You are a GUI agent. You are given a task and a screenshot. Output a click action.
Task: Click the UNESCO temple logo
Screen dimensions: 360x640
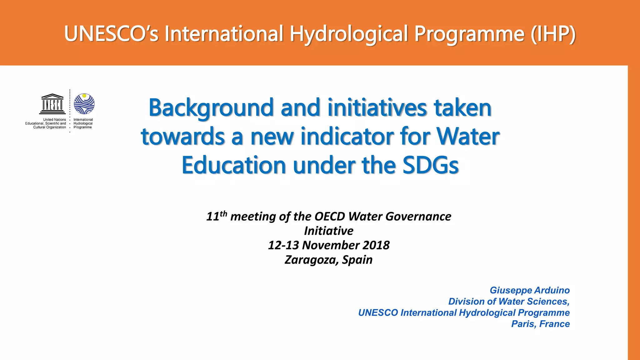click(x=52, y=104)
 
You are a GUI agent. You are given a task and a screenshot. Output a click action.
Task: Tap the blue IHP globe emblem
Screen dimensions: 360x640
click(x=84, y=104)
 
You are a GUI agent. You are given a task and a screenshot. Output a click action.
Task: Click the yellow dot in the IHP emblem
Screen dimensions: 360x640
click(x=84, y=96)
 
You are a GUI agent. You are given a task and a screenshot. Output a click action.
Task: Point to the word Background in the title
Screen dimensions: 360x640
click(x=211, y=108)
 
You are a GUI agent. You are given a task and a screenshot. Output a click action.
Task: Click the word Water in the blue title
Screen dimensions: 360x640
click(x=468, y=137)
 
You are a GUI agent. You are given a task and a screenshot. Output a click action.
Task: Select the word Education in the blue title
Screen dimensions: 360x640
click(x=234, y=165)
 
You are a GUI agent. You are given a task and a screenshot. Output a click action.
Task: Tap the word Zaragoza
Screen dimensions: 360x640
click(x=311, y=260)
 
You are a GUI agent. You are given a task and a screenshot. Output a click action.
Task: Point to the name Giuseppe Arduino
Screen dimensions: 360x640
click(x=530, y=290)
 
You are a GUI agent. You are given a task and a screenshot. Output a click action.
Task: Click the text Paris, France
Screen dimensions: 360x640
click(x=540, y=324)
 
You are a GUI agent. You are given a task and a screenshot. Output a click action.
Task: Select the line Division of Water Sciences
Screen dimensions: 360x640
click(x=509, y=302)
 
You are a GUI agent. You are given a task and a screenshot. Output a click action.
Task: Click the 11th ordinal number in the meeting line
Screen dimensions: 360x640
click(x=216, y=216)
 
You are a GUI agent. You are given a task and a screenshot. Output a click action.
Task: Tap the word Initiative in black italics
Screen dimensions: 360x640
click(x=329, y=231)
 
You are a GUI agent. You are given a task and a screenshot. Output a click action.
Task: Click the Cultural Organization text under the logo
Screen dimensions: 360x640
click(x=50, y=127)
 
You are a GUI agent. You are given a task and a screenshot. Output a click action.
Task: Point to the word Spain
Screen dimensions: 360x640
click(x=357, y=260)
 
